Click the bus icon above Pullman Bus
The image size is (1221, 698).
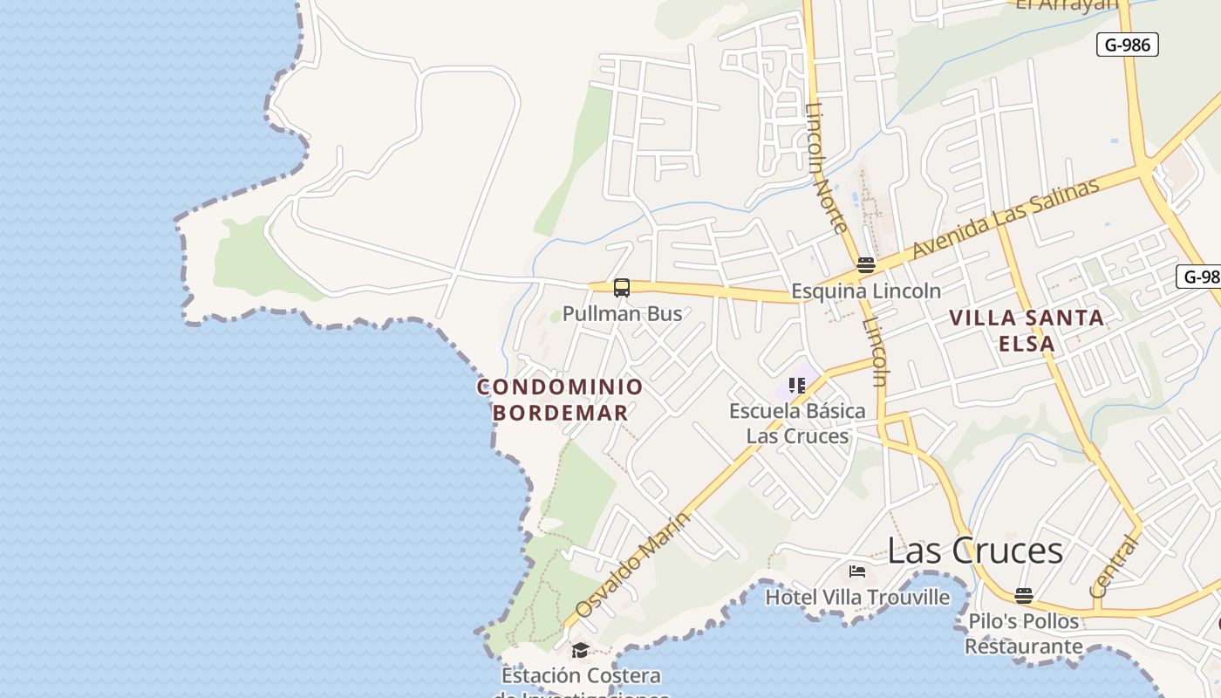click(x=621, y=287)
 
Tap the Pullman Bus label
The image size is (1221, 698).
click(x=622, y=313)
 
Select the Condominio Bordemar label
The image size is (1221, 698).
click(x=560, y=400)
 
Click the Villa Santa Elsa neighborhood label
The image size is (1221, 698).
click(x=1027, y=330)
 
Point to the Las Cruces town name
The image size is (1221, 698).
click(x=975, y=551)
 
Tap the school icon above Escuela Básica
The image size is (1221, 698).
click(x=796, y=385)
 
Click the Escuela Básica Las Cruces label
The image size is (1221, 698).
click(x=797, y=423)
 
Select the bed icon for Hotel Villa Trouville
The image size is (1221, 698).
click(x=857, y=571)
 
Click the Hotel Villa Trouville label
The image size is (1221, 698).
click(x=857, y=598)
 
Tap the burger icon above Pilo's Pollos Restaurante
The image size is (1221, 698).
click(x=1024, y=596)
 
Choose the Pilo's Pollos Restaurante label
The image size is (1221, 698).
click(x=1024, y=634)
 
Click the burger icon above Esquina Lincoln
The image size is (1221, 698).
click(x=865, y=264)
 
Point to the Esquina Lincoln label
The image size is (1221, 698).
click(x=865, y=291)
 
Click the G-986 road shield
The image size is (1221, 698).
click(x=1127, y=44)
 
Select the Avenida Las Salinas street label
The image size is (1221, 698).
click(x=1005, y=218)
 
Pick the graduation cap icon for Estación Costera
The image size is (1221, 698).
click(x=580, y=650)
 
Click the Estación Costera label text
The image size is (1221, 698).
click(x=581, y=676)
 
